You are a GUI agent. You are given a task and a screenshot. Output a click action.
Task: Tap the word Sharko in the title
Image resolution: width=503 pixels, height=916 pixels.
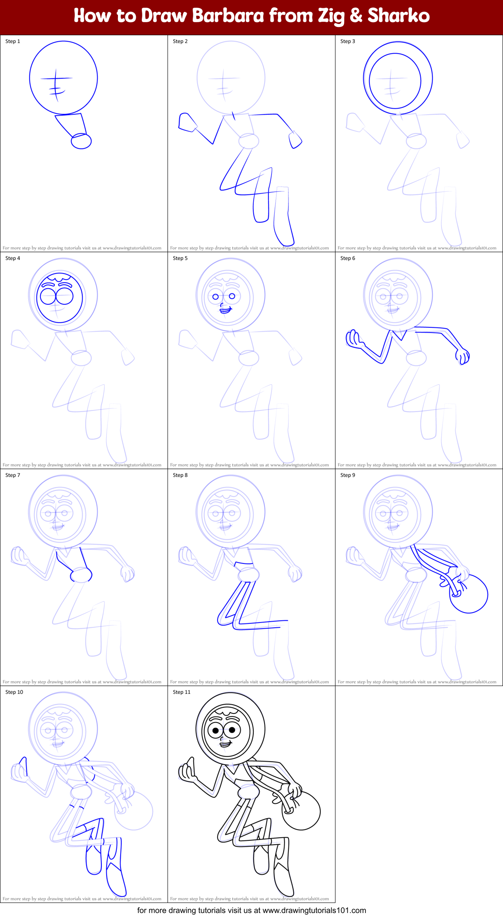pos(399,16)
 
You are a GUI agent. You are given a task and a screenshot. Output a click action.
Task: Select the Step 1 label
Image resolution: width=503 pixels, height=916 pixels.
pos(13,41)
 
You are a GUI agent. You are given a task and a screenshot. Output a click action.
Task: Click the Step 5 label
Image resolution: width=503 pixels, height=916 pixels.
pos(180,258)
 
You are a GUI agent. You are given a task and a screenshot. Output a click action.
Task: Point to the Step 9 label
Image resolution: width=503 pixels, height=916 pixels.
pos(348,475)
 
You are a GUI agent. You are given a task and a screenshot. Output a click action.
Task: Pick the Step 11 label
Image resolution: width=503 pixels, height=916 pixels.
pos(181,692)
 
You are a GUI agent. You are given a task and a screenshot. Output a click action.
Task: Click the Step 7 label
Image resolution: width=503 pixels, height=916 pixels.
pos(13,475)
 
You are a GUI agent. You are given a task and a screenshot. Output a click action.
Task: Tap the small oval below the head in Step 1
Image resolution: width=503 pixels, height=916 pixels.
pos(81,141)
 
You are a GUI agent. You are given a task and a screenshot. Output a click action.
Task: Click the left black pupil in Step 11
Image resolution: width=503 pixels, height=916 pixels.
pos(216,730)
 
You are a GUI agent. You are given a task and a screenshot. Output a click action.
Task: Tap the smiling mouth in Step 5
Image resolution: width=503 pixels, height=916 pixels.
pos(225,309)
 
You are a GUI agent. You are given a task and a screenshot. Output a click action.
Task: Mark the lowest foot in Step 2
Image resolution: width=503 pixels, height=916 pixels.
pos(285,237)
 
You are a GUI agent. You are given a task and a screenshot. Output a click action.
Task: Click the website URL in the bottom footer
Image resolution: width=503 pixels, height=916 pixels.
pos(314,910)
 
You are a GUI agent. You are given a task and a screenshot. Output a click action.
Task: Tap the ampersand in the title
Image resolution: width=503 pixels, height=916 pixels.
pos(356,16)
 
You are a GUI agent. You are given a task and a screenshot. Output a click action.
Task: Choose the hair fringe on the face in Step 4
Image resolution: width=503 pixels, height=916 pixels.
pos(60,277)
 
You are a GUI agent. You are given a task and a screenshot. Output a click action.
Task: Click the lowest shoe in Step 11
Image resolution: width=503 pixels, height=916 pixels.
pos(283,883)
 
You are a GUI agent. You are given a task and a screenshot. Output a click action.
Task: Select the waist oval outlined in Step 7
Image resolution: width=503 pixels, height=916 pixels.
pos(81,575)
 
